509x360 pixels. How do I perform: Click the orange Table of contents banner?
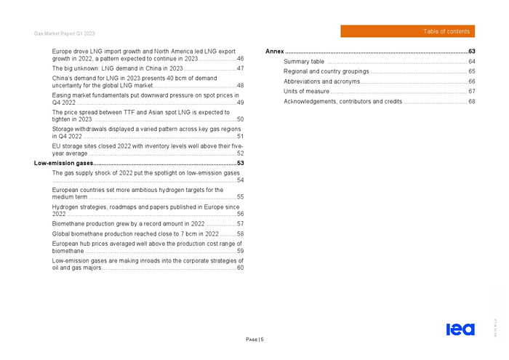(407, 31)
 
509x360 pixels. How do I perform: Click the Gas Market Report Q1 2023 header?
(64, 34)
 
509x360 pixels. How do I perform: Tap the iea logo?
(460, 329)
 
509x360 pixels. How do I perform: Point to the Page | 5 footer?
(254, 340)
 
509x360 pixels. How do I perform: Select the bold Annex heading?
(275, 52)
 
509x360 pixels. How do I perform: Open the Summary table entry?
(304, 62)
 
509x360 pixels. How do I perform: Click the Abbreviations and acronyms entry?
(321, 81)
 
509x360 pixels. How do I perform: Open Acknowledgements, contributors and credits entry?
(342, 101)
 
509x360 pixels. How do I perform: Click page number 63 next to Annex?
(471, 52)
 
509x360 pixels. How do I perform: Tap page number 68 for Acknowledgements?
(471, 101)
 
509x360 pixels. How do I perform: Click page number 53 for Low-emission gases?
(240, 164)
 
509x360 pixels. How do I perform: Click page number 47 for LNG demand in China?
(240, 68)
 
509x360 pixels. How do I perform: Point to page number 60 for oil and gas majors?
(240, 268)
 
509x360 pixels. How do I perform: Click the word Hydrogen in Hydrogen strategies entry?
(66, 207)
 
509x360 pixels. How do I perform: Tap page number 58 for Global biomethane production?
(240, 233)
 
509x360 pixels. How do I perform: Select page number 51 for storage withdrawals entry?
(240, 136)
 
